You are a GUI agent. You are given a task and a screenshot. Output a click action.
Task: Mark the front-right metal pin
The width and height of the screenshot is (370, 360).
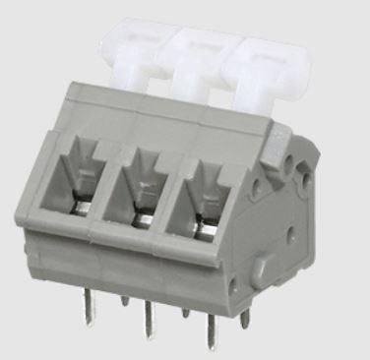208,324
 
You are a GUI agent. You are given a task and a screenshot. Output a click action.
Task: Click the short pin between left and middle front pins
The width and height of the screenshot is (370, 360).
123,296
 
